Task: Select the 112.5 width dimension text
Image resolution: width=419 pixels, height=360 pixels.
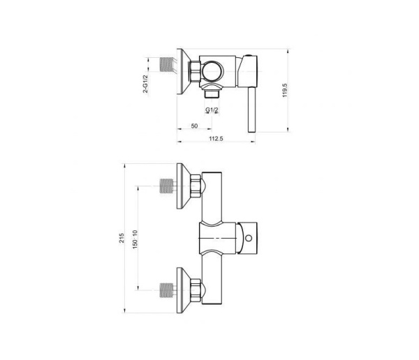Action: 216,138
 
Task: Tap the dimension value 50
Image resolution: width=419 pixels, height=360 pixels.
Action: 194,126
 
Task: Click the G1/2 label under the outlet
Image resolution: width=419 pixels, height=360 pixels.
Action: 212,110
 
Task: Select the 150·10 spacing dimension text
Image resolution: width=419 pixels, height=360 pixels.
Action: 135,239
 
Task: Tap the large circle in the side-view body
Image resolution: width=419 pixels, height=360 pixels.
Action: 214,70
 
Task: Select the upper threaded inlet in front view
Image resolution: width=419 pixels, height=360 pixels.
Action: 167,186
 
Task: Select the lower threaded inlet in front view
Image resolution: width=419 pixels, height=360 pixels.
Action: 167,290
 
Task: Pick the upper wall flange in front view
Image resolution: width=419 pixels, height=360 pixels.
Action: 183,186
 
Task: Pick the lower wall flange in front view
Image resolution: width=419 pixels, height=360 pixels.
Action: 183,290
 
